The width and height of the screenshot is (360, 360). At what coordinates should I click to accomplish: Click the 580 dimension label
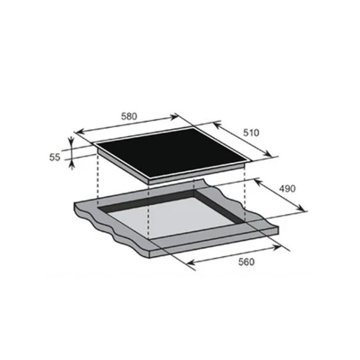point(129,117)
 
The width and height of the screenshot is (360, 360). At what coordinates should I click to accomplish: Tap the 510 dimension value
point(251,133)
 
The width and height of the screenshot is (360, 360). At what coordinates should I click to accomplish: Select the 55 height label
point(54,157)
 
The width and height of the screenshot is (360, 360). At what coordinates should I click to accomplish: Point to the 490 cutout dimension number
point(287,189)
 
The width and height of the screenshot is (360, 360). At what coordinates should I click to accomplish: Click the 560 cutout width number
point(246,262)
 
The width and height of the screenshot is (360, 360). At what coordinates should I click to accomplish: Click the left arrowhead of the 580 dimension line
point(79,132)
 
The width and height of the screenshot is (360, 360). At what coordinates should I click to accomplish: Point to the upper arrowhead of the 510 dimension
point(216,125)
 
